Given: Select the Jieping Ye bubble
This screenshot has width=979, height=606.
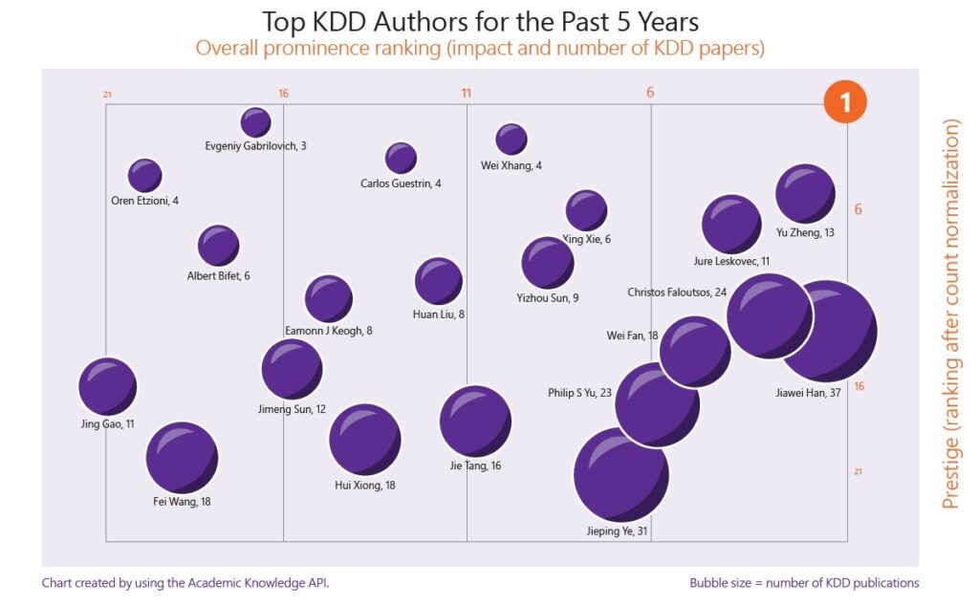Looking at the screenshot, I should pos(621,475).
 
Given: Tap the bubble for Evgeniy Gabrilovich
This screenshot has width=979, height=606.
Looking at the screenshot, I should pos(255,122).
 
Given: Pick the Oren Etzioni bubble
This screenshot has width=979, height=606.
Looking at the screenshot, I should pos(144,176).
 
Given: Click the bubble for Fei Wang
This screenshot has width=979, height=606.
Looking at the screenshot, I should pos(182,458).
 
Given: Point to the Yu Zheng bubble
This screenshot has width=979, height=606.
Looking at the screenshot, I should pos(805,194).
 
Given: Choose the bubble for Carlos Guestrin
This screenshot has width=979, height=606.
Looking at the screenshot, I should pos(401,159).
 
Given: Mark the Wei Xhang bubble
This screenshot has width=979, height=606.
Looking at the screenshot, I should pos(511,140).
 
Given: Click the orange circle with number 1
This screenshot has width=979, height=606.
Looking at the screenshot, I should pos(846,102).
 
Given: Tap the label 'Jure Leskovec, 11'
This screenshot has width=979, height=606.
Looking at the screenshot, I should pos(731,261).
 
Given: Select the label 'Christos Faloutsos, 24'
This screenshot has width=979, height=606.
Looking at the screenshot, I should pos(677,292).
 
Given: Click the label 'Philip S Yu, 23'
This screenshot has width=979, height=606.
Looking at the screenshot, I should pos(579,393).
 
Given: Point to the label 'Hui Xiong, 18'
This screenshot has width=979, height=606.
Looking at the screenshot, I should pos(364,486).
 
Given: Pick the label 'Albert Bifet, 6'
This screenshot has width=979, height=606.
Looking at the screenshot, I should pos(218,277).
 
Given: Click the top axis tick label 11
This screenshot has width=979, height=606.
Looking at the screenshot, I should pos(467,93).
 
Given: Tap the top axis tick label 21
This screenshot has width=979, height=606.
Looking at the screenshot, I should pos(108,95).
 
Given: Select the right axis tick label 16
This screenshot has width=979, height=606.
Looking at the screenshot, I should pos(859,386).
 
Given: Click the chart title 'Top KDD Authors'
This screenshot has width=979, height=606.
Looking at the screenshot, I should pos(479,22).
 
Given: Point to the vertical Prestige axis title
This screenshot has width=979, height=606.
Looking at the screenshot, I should pos(950,314).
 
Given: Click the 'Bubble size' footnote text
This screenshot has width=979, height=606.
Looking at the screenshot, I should pos(803,583).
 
